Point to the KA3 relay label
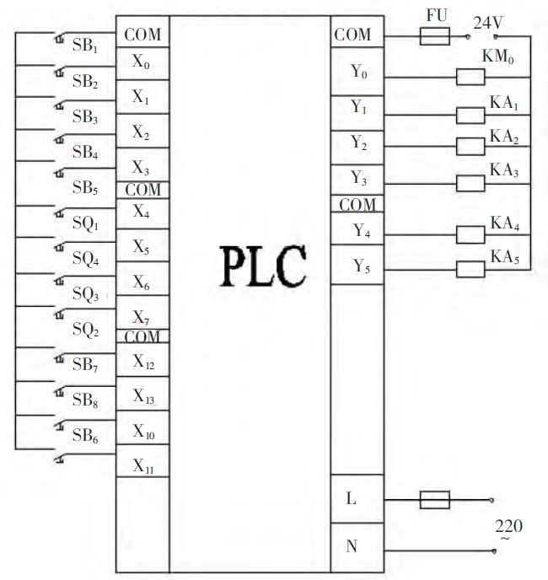[x=504, y=169]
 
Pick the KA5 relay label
[x=504, y=256]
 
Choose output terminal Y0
[x=359, y=73]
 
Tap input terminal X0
[x=141, y=62]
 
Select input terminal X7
[x=141, y=318]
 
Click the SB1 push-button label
[x=85, y=46]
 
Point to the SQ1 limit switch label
[x=85, y=225]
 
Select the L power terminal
[x=352, y=498]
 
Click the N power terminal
[x=352, y=547]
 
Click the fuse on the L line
[x=435, y=500]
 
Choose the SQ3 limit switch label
[x=85, y=295]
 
